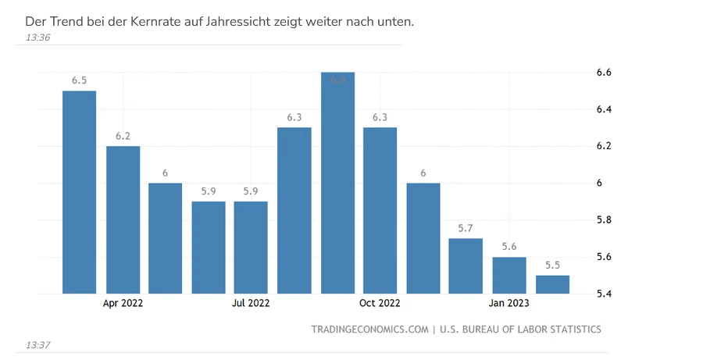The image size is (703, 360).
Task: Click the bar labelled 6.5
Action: pos(79,192)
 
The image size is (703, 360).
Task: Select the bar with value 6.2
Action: pos(123,219)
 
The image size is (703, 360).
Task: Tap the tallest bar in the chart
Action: pos(337,183)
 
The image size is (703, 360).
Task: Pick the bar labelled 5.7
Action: pos(466,266)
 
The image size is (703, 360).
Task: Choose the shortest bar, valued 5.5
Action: pos(552,284)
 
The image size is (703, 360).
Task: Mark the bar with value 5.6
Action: pos(509,275)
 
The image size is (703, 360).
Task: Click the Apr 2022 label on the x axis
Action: pos(123,303)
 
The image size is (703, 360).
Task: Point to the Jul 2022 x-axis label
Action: pos(252,303)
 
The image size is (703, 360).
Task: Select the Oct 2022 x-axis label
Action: pos(380,303)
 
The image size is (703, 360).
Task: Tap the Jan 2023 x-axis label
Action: pos(509,303)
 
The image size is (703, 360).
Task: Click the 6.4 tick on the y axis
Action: pos(604,109)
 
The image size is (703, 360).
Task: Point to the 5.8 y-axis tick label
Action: pos(604,220)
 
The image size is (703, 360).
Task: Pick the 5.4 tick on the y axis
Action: pos(604,294)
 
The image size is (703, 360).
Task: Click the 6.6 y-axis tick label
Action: pos(604,73)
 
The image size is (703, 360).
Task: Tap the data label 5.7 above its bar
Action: pos(466,228)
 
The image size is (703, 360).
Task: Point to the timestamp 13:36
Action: pos(37,37)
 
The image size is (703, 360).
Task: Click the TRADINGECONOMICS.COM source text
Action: pos(370,330)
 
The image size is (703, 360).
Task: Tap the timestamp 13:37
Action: pos(37,344)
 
